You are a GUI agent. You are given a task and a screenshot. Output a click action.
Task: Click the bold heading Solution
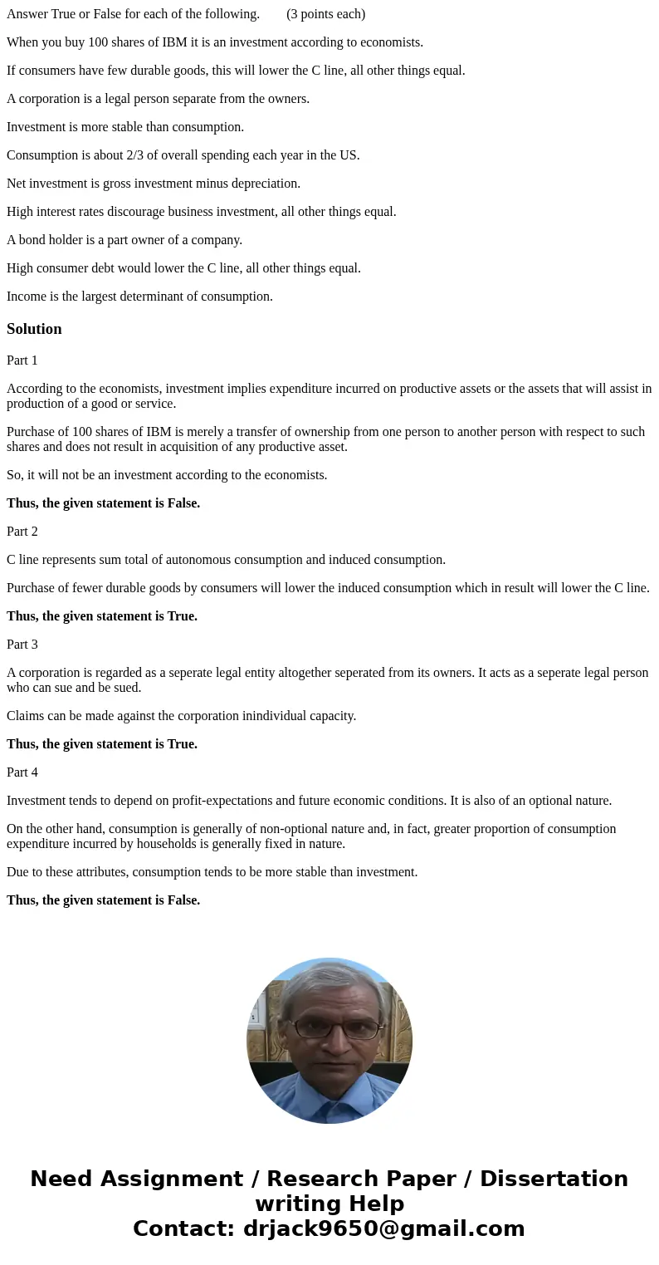34,329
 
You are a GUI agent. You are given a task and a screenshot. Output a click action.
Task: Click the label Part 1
22,360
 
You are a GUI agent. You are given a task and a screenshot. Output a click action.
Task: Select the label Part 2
22,532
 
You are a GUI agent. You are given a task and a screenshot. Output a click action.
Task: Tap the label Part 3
22,645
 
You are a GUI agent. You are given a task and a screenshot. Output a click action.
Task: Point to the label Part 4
22,772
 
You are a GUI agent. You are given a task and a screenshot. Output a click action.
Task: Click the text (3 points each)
325,14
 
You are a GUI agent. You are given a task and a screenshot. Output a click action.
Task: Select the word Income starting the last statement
26,297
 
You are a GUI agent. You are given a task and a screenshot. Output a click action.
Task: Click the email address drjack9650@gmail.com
383,1228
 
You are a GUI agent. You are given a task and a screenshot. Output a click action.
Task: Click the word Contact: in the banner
184,1228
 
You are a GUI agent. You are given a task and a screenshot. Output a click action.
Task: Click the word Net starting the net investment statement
17,184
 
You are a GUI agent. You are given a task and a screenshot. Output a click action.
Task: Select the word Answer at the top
27,14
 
